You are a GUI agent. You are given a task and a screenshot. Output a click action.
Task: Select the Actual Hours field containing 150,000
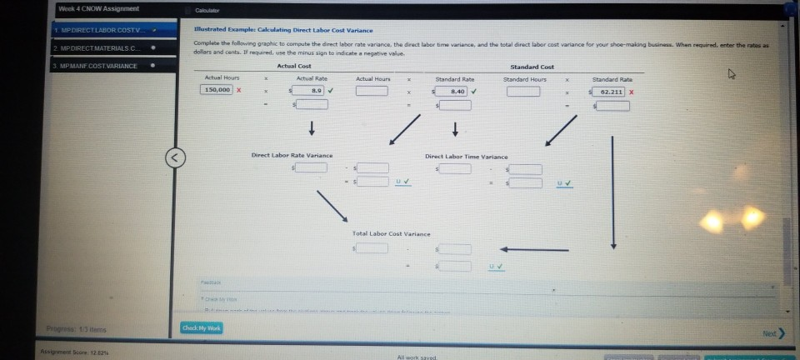[218, 90]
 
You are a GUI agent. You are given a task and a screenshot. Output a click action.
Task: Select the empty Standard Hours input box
[522, 90]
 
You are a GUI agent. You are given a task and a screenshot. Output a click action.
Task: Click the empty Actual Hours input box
[372, 90]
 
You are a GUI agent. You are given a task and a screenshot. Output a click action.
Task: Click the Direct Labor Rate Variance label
[292, 155]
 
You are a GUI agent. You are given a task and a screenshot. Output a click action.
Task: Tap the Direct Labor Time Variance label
[466, 156]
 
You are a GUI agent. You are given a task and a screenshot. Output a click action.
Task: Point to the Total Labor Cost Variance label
[389, 234]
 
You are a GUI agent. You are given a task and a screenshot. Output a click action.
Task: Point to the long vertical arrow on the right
[613, 192]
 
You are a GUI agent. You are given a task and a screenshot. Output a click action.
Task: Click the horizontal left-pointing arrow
[533, 248]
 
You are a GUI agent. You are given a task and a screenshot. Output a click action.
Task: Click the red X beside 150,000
[239, 90]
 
